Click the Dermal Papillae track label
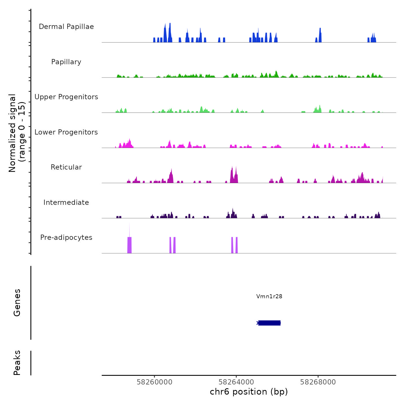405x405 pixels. (66, 27)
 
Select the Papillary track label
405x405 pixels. (66, 62)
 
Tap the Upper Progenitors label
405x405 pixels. (66, 97)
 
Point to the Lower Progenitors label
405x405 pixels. (66, 132)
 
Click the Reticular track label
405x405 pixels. (66, 167)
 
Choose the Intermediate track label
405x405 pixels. (66, 203)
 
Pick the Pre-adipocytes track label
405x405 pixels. (66, 238)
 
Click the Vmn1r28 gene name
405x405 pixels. (269, 296)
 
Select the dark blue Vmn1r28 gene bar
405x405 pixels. (269, 323)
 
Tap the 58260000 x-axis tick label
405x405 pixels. (154, 382)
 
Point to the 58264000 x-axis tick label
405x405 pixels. (236, 382)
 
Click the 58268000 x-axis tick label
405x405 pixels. (318, 382)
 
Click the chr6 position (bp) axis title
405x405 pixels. (249, 392)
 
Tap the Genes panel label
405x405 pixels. (17, 303)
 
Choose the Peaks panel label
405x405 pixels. (17, 363)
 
